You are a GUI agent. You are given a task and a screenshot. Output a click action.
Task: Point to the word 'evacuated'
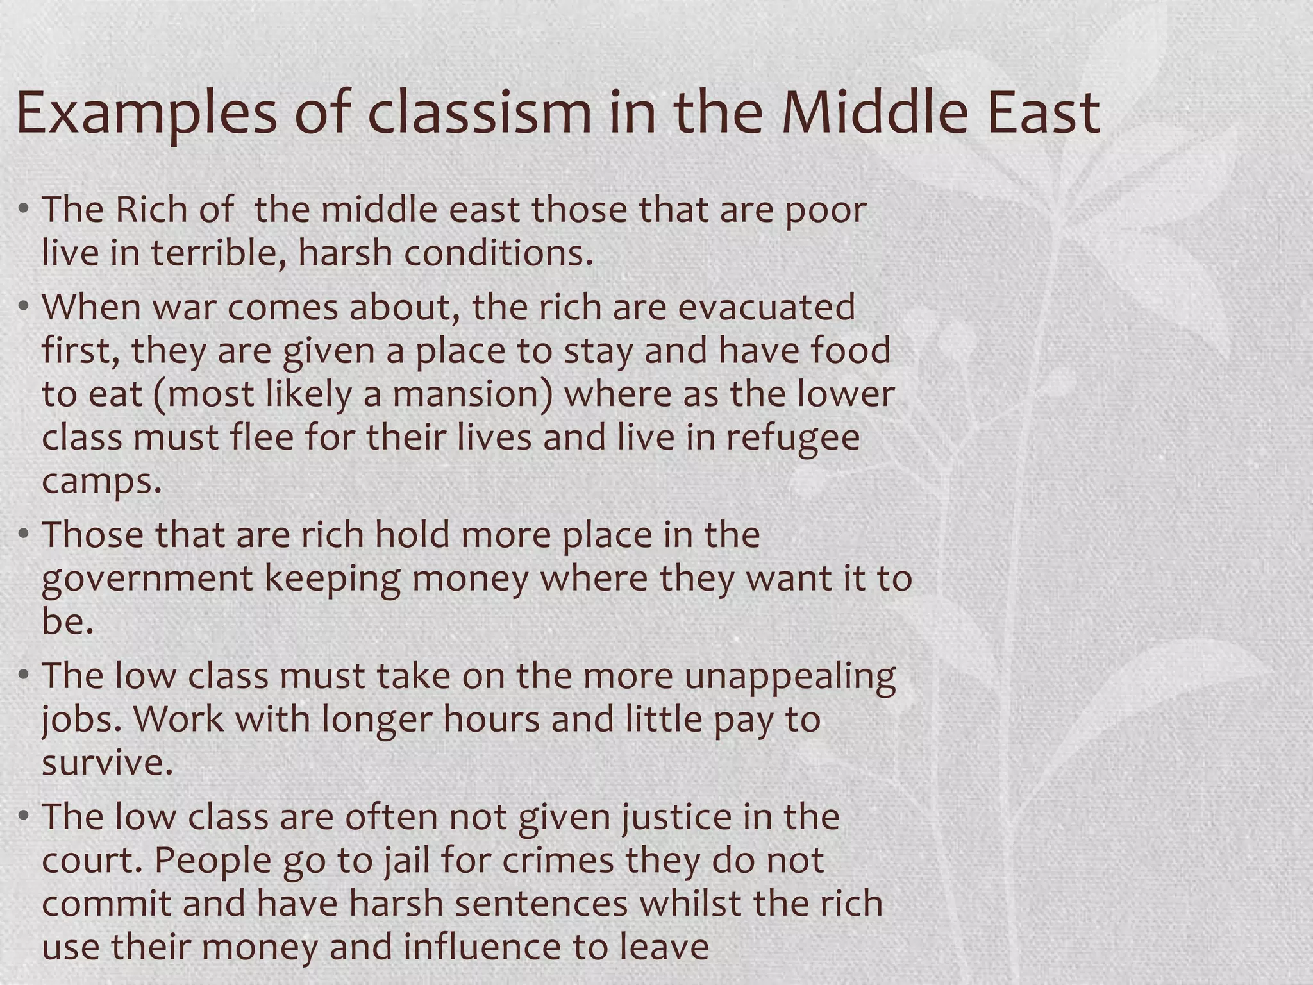point(766,307)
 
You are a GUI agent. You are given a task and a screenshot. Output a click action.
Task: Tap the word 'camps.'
point(102,482)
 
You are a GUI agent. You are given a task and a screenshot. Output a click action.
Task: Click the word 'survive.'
point(108,762)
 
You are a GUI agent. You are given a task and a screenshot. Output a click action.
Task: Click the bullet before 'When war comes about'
point(24,307)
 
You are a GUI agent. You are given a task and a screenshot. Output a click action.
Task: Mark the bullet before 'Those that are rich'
point(24,534)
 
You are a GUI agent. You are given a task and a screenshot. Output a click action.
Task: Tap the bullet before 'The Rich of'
point(24,209)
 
